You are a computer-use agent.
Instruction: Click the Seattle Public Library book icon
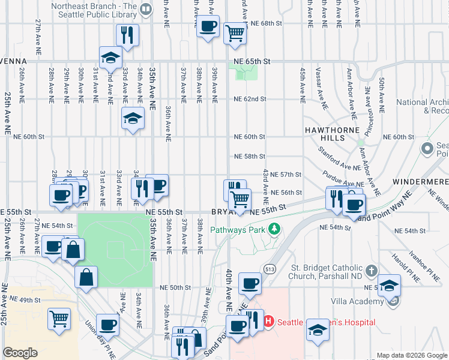146,9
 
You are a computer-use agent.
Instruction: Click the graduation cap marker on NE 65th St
110,58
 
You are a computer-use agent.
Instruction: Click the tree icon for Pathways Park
274,229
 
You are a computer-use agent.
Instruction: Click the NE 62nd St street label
250,98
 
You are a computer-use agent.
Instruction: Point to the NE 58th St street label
250,156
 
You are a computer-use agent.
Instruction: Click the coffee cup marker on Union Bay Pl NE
108,326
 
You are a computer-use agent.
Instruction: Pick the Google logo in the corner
20,353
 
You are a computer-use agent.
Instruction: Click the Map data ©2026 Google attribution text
411,355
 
